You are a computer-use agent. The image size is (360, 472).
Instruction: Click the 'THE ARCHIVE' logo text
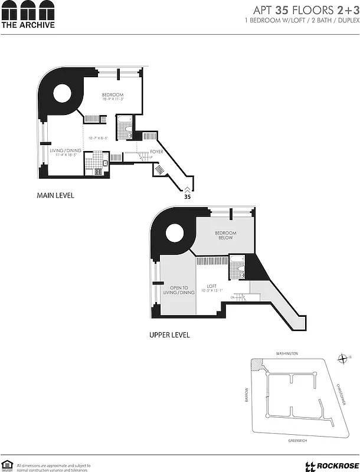point(28,25)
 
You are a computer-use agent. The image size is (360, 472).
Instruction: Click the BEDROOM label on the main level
point(112,96)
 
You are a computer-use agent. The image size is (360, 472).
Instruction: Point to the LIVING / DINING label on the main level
point(66,150)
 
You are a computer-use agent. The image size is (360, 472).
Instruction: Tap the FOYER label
point(156,152)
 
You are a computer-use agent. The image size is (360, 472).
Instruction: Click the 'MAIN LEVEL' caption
point(55,195)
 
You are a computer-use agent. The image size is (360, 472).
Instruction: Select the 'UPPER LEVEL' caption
point(169,335)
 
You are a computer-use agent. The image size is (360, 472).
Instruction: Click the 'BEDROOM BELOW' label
point(225,235)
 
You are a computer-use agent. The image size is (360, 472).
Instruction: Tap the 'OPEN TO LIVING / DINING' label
point(178,290)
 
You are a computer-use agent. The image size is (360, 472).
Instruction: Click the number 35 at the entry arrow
point(187,198)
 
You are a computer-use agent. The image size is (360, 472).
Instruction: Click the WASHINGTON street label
point(287,353)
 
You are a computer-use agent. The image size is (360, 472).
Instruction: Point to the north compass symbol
point(342,358)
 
